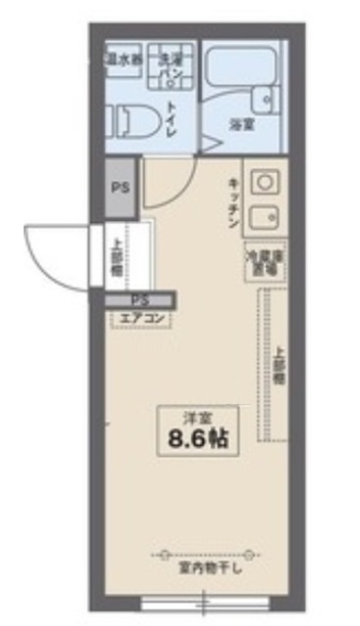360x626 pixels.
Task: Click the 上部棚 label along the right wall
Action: (x=278, y=366)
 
